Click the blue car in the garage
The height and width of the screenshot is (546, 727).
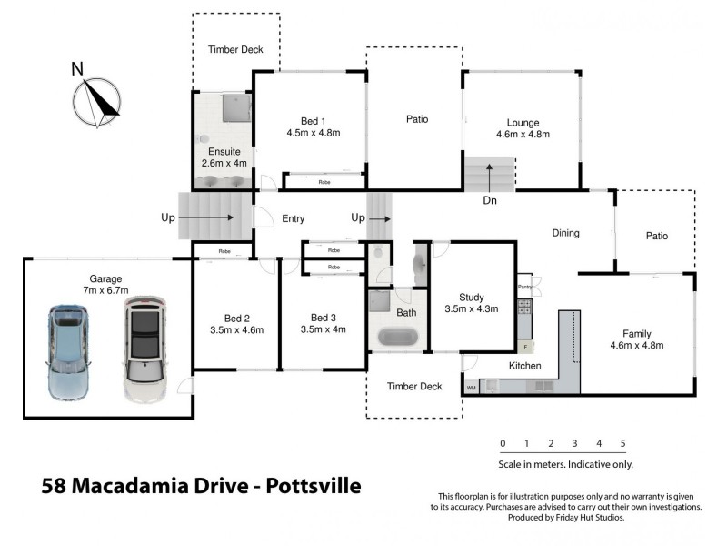[x=69, y=353]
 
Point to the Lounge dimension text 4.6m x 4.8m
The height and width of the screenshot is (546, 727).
[x=523, y=134]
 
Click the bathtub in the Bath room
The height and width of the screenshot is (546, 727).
[x=395, y=335]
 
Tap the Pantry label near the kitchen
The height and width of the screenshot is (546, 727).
[x=524, y=288]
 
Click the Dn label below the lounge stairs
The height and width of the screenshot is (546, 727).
[x=489, y=200]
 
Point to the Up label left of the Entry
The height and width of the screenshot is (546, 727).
[x=168, y=218]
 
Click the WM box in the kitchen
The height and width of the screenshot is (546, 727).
[x=471, y=388]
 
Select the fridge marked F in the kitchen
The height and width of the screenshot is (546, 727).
[x=524, y=347]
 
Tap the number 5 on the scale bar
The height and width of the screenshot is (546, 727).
[x=622, y=444]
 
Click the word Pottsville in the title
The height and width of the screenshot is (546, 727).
[x=314, y=486]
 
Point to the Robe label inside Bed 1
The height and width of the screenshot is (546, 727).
[x=324, y=182]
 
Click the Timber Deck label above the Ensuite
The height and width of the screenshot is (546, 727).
[x=235, y=49]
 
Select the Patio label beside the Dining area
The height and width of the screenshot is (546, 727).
[x=656, y=236]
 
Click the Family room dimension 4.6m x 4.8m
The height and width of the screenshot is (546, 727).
[x=636, y=346]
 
